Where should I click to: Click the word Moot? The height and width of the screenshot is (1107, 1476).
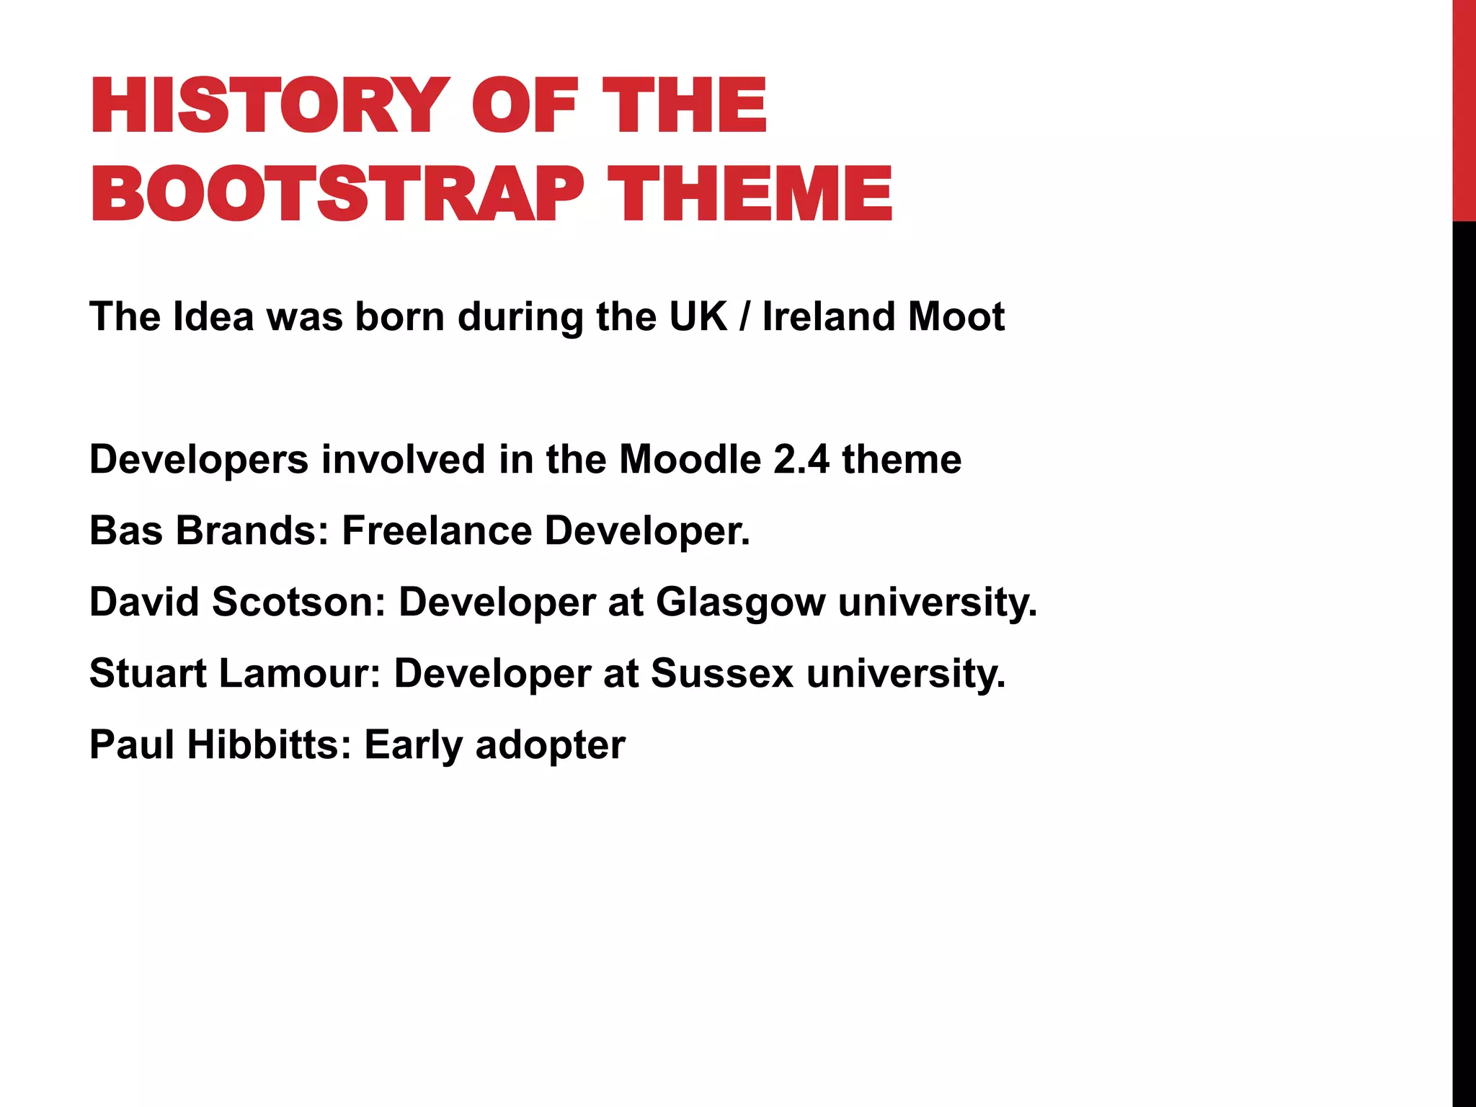pyautogui.click(x=956, y=316)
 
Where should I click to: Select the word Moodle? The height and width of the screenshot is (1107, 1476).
pyautogui.click(x=690, y=460)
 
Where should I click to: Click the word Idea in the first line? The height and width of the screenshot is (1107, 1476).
pyautogui.click(x=214, y=316)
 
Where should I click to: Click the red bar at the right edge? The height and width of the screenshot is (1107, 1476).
pyautogui.click(x=1464, y=108)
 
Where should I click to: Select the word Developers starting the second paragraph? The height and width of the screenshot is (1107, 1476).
pyautogui.click(x=199, y=460)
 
